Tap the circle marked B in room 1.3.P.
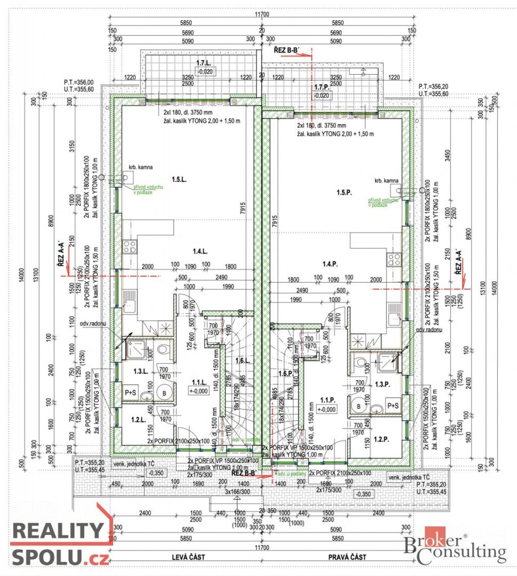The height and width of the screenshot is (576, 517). tap(359, 405)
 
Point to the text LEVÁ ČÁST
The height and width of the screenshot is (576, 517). tap(186, 557)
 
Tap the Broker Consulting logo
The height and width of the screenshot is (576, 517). tap(454, 546)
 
